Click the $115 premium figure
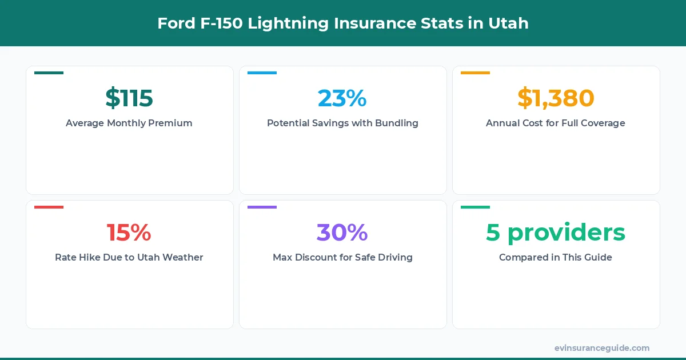pos(129,98)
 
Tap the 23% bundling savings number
pos(342,98)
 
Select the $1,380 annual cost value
pos(556,98)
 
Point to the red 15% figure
pos(129,233)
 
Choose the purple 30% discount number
pos(342,233)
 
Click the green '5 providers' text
pos(556,233)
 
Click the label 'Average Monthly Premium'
pos(129,123)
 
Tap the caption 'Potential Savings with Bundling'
pos(342,123)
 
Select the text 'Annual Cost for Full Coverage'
pos(556,123)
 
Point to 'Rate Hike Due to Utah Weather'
pos(129,257)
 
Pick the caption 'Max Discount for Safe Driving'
pos(342,257)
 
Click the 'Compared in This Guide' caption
pos(556,257)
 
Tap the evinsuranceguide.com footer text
pos(602,348)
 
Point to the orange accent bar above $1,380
pos(475,73)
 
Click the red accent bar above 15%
pos(49,207)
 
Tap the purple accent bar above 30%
pos(262,207)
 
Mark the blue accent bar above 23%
pos(262,73)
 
